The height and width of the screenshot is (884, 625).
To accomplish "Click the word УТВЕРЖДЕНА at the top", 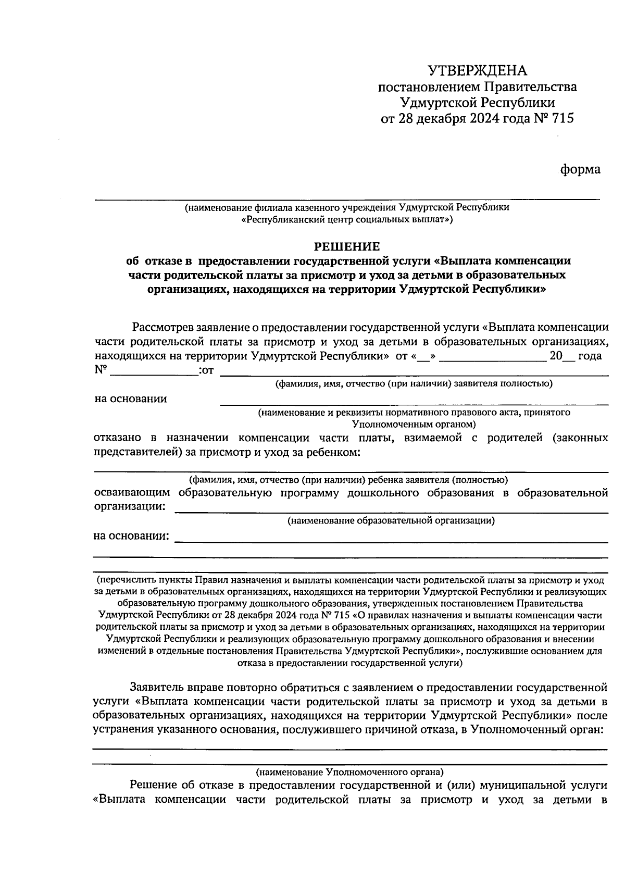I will pyautogui.click(x=477, y=71).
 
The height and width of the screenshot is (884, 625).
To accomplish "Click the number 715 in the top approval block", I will pyautogui.click(x=561, y=119).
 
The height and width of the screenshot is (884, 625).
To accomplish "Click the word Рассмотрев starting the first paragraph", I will pyautogui.click(x=162, y=328).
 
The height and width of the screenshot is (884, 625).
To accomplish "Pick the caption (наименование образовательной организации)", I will pyautogui.click(x=391, y=520).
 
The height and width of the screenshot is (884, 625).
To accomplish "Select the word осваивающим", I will pyautogui.click(x=132, y=493).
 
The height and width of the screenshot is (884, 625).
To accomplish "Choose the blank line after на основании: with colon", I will pyautogui.click(x=391, y=541).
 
